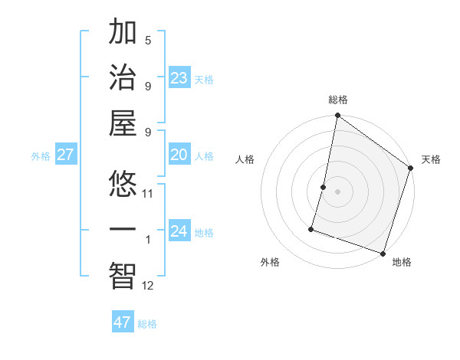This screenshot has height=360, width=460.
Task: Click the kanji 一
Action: pyautogui.click(x=123, y=230)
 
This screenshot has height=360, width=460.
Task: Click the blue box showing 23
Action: pyautogui.click(x=179, y=78)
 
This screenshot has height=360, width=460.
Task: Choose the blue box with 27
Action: pyautogui.click(x=66, y=155)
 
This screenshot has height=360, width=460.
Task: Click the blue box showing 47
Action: pyautogui.click(x=123, y=322)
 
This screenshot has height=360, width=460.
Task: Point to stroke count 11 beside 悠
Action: pyautogui.click(x=148, y=193)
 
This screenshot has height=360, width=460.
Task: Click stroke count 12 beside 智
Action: pyautogui.click(x=148, y=286)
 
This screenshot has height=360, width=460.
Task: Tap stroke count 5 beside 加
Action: pyautogui.click(x=148, y=41)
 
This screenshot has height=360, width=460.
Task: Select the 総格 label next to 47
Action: pyautogui.click(x=147, y=324)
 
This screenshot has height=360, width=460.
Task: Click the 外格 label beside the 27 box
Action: pyautogui.click(x=41, y=156)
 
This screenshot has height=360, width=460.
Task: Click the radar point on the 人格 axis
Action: pyautogui.click(x=324, y=188)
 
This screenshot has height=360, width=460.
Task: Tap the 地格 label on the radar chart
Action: pyautogui.click(x=402, y=263)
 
